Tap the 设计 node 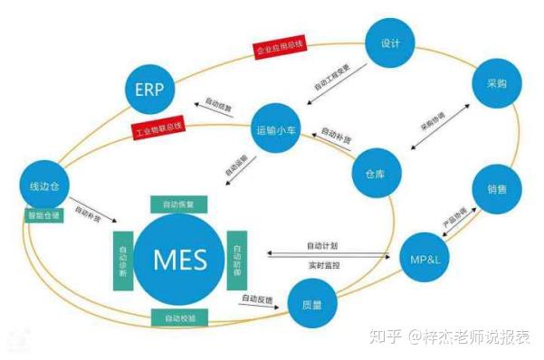click(x=391, y=43)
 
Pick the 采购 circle click(x=495, y=82)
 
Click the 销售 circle click(x=495, y=191)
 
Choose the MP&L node click(x=425, y=261)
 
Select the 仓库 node click(x=376, y=173)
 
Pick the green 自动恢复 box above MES click(x=177, y=204)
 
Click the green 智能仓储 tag click(x=42, y=217)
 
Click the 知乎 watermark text click(x=387, y=337)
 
